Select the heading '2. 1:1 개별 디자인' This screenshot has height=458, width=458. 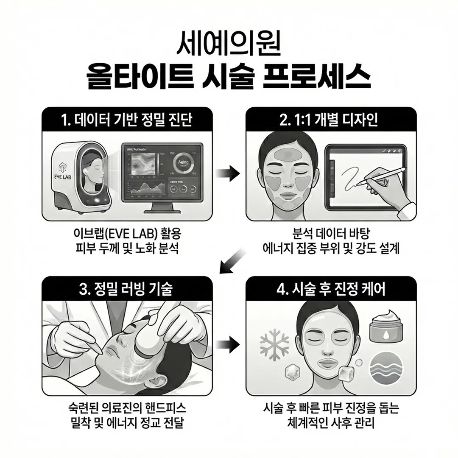[x=331, y=120]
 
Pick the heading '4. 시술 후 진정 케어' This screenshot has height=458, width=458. [x=331, y=290]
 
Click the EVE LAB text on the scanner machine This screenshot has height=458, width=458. [x=63, y=175]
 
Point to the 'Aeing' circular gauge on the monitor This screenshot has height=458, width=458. [x=184, y=164]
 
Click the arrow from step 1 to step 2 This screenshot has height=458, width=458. [x=228, y=173]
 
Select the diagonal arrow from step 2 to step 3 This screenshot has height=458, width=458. [x=232, y=261]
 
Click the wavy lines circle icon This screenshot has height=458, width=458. [x=383, y=367]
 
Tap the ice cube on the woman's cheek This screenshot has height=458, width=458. [x=346, y=373]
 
